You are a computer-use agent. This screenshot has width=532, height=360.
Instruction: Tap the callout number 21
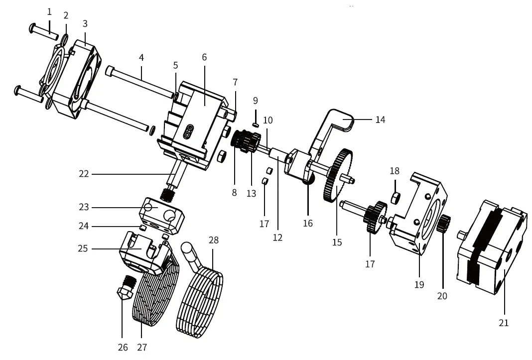pos(504,323)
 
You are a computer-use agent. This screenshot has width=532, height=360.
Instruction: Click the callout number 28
pos(214,240)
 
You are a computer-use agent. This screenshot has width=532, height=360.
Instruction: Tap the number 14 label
pos(381,120)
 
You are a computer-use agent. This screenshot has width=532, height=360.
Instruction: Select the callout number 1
pos(49,12)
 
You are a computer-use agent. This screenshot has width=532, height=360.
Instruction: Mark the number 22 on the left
pos(84,174)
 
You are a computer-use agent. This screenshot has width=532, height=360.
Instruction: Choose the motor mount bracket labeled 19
pos(418,214)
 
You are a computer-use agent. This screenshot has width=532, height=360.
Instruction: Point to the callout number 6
pos(204,57)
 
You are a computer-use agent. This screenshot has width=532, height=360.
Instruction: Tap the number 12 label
pos(277,238)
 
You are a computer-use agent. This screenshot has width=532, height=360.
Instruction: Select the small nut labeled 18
pos(396,198)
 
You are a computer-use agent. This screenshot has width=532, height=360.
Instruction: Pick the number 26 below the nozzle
pos(123,347)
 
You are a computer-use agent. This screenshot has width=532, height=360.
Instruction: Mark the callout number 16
pos(308,223)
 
